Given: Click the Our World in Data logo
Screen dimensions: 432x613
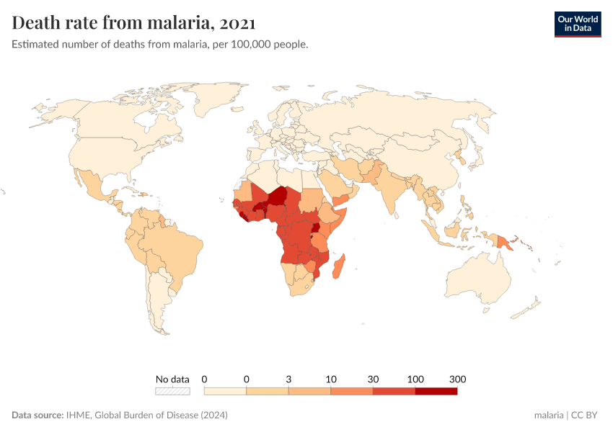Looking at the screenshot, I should click(x=577, y=24).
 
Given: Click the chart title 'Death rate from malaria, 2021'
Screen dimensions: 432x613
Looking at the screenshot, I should click(x=133, y=24).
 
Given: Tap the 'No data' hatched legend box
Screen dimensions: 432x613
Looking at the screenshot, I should click(x=172, y=391).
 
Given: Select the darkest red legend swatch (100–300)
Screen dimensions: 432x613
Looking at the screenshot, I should click(x=436, y=391).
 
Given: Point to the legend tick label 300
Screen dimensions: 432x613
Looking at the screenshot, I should click(x=457, y=379).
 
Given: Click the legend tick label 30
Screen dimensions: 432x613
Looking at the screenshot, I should click(x=373, y=379).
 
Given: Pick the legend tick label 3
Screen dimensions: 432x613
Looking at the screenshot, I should click(x=288, y=379).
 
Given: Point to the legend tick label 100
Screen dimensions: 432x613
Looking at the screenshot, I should click(x=415, y=379).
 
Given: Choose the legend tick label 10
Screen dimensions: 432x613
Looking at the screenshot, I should click(x=330, y=379).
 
